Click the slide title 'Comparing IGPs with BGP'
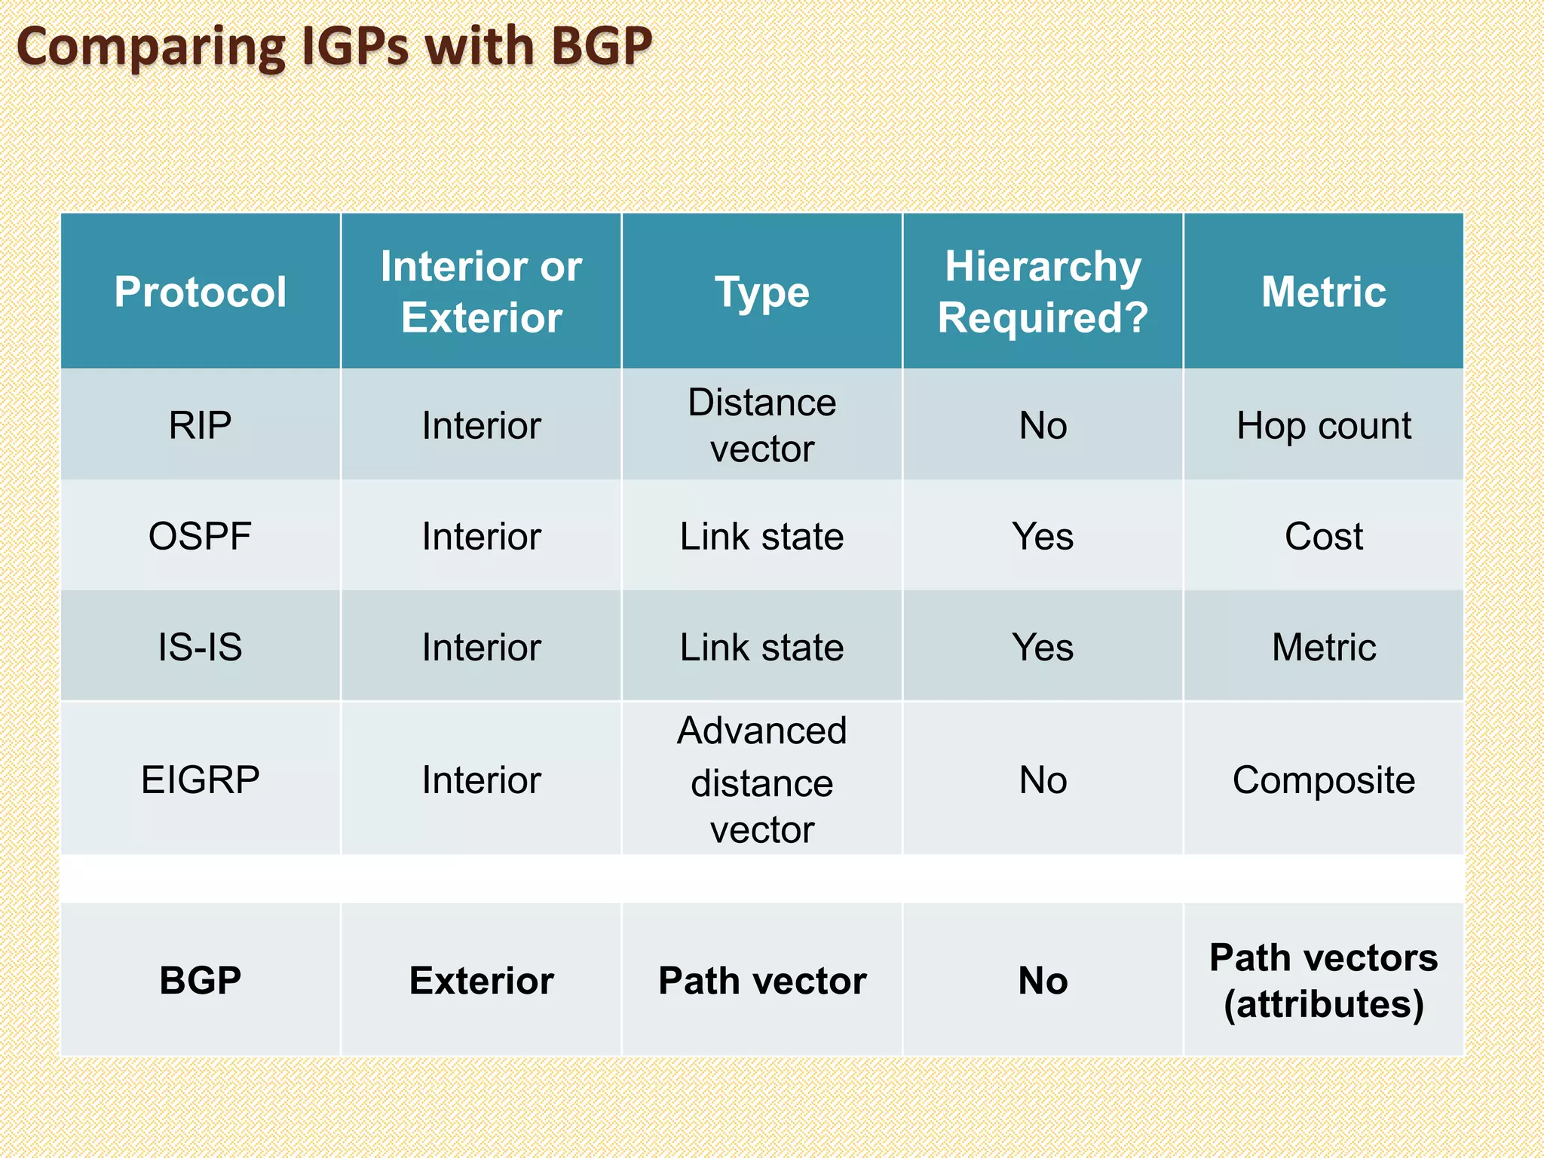click(x=334, y=47)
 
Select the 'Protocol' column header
click(x=201, y=292)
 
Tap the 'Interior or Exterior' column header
click(x=481, y=292)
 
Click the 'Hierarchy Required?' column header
click(x=1043, y=292)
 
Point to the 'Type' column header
click(x=762, y=293)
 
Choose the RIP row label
click(x=201, y=425)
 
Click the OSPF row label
click(x=201, y=536)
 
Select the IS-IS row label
click(x=201, y=647)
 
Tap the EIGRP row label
click(x=201, y=780)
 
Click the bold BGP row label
click(x=201, y=980)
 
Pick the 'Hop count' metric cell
click(x=1324, y=425)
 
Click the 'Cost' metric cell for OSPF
click(x=1324, y=536)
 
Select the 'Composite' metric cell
click(x=1324, y=780)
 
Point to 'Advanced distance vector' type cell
click(x=762, y=780)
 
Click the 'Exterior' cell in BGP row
click(x=481, y=980)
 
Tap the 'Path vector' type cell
click(x=762, y=980)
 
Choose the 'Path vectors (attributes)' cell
click(x=1324, y=980)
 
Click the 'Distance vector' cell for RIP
click(x=762, y=425)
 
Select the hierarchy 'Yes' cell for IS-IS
click(x=1043, y=647)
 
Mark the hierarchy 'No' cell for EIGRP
click(x=1043, y=780)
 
